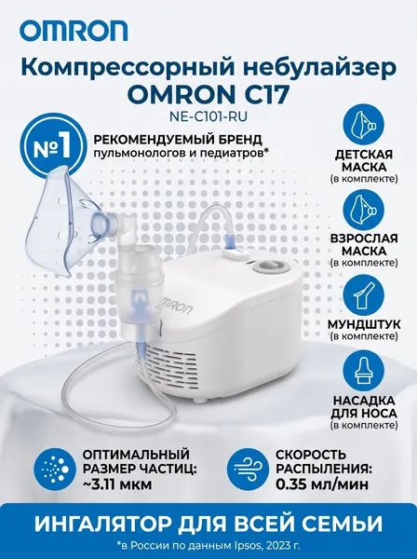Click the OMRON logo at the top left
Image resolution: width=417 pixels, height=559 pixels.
pyautogui.click(x=74, y=31)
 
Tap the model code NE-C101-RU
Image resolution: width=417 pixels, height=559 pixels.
pyautogui.click(x=208, y=116)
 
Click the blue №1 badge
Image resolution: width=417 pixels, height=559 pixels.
pyautogui.click(x=52, y=148)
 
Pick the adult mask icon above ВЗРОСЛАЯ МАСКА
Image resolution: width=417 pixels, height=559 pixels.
pyautogui.click(x=364, y=210)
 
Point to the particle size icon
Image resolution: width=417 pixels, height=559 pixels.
pyautogui.click(x=55, y=470)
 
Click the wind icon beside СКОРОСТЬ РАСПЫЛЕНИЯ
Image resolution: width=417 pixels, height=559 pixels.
pyautogui.click(x=249, y=470)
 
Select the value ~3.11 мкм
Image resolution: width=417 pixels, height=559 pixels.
pyautogui.click(x=117, y=484)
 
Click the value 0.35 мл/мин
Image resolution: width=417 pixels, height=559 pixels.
pyautogui.click(x=322, y=484)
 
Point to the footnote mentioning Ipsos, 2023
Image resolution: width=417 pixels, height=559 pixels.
pyautogui.click(x=208, y=546)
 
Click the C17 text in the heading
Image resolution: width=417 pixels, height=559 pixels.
pyautogui.click(x=262, y=94)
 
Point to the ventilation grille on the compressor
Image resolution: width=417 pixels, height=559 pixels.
pyautogui.click(x=168, y=367)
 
